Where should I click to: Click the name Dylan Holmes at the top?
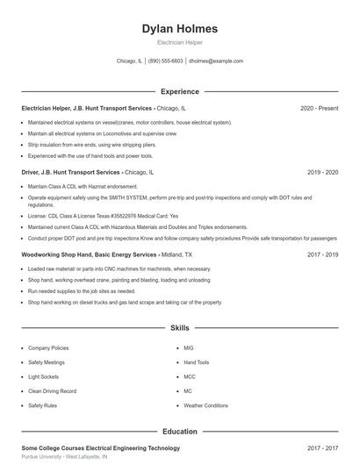(x=179, y=29)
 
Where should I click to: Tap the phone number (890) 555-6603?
(x=165, y=61)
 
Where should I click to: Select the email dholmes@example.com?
(x=215, y=61)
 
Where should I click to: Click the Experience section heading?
(x=179, y=91)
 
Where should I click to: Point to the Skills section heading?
(x=179, y=328)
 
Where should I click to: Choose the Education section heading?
(x=179, y=432)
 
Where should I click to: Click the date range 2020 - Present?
(x=319, y=108)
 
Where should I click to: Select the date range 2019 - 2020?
(x=322, y=173)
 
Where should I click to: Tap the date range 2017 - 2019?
(x=322, y=254)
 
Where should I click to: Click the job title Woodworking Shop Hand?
(x=55, y=254)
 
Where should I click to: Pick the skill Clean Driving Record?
(x=52, y=391)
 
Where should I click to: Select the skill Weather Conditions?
(x=205, y=405)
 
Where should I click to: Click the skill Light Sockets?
(x=44, y=376)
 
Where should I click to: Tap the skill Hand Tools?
(x=196, y=362)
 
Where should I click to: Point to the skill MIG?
(x=188, y=347)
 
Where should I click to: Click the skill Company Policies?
(x=48, y=347)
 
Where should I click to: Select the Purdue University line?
(x=64, y=457)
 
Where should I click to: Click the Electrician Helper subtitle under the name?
(x=179, y=42)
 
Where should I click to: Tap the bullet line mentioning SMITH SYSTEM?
(x=176, y=198)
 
